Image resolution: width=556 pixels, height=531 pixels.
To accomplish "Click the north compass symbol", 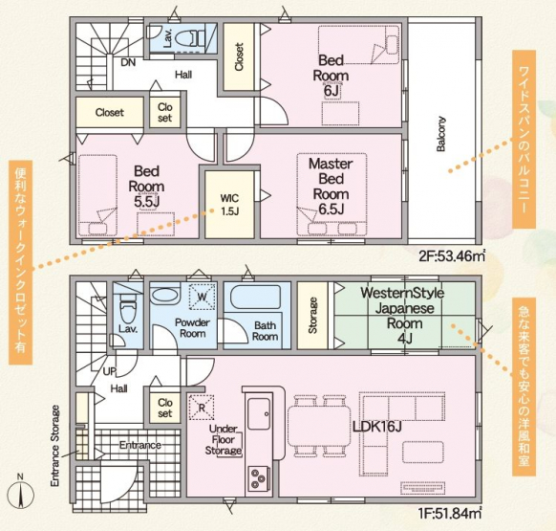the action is (21, 494).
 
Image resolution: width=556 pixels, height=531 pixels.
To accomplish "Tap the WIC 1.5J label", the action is (230, 205).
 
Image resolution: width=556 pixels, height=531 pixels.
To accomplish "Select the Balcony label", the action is (440, 134).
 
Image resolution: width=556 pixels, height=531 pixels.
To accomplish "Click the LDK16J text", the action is (377, 427).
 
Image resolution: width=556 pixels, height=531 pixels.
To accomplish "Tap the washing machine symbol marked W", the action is (202, 296).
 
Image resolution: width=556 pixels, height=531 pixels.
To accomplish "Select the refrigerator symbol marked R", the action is (202, 408).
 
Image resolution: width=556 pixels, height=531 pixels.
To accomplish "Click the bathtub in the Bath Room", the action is (255, 297).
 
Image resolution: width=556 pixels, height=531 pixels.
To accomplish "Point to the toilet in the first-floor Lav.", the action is (127, 307).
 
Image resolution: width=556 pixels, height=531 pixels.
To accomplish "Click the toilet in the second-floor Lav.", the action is (190, 37).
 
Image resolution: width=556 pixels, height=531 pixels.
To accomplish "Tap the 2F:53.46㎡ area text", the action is (452, 255).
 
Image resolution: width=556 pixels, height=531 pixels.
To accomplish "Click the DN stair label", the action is (128, 62).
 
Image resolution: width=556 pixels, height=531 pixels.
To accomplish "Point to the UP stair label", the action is (110, 371).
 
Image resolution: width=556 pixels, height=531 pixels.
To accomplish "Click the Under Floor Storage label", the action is (224, 440).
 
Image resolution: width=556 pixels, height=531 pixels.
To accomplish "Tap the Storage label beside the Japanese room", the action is (312, 315).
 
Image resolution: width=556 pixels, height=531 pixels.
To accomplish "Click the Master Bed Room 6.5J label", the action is (331, 187).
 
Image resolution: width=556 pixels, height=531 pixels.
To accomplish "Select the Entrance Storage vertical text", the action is (55, 446).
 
